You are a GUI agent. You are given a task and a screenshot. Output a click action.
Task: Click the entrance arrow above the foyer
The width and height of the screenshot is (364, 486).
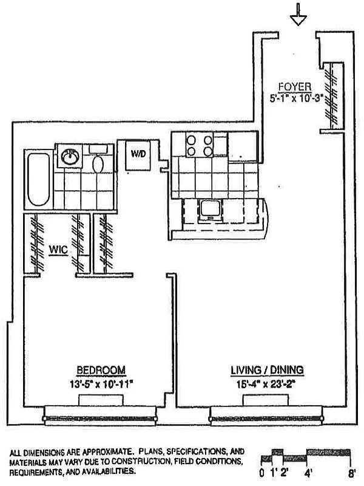pos(297,14)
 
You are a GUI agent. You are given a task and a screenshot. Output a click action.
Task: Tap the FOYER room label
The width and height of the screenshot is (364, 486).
pos(295,86)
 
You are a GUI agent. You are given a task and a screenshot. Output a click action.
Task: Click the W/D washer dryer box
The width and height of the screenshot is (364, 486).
pos(138,154)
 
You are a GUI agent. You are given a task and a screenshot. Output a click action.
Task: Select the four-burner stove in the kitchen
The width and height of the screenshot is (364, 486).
pos(199,146)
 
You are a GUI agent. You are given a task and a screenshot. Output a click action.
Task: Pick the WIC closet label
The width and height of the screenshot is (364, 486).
pos(58,248)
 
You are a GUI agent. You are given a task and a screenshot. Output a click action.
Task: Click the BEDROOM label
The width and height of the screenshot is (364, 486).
pos(101,370)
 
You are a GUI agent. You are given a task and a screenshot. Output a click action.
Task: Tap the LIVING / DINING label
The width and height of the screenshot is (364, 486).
pos(267,370)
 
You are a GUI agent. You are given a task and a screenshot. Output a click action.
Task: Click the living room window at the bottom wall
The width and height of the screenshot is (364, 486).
pos(267,417)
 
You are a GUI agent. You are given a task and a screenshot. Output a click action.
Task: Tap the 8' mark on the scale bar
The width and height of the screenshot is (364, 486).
pos(351,471)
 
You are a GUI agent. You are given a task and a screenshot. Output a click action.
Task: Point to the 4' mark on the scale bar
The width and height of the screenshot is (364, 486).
pos(308,471)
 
